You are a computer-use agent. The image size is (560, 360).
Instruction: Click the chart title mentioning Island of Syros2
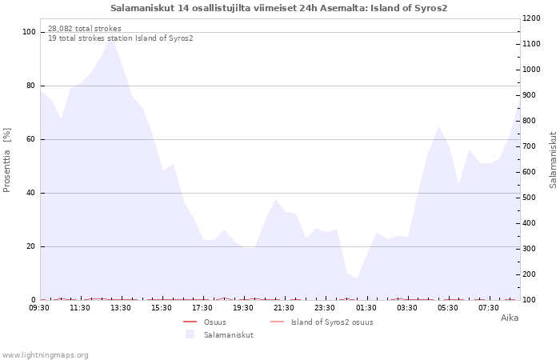(278, 8)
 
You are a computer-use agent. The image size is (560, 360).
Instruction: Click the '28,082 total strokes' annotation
(85, 29)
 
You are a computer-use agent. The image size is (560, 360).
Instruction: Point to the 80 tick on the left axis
(30, 86)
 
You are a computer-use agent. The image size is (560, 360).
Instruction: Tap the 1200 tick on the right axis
(531, 18)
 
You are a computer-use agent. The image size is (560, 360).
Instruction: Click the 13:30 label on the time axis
(121, 308)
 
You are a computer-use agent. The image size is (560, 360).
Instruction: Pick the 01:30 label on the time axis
(366, 308)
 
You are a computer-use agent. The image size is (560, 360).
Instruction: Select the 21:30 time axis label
(284, 308)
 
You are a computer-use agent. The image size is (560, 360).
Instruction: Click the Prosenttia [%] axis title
(6, 160)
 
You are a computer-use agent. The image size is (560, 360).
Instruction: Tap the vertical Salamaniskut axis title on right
(553, 160)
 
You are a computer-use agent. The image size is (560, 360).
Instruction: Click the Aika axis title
(510, 318)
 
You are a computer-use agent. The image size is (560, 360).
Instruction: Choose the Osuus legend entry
(215, 322)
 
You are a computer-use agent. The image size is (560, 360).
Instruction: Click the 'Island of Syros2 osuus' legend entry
(332, 322)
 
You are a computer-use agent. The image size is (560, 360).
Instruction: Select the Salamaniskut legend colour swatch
(190, 334)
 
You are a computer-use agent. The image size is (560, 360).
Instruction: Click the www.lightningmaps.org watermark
(44, 355)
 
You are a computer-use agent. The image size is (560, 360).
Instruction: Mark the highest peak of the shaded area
(111, 37)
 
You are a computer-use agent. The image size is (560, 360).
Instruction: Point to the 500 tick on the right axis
(531, 198)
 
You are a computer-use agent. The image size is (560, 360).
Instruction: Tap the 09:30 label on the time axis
(39, 308)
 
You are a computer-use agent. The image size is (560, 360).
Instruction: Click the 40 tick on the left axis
(30, 193)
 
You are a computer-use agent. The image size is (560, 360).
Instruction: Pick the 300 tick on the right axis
(531, 249)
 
